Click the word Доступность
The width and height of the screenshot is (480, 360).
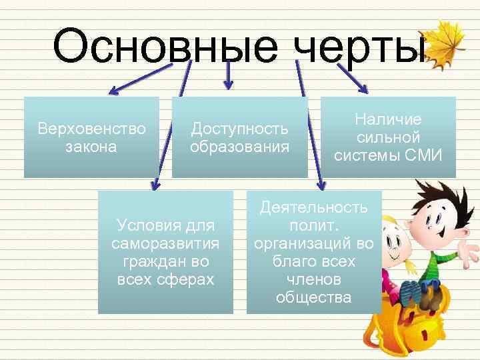click(x=239, y=128)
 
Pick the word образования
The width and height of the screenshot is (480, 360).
click(x=239, y=145)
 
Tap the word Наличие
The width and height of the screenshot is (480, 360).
click(x=388, y=119)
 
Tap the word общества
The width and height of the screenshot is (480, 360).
click(x=314, y=297)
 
